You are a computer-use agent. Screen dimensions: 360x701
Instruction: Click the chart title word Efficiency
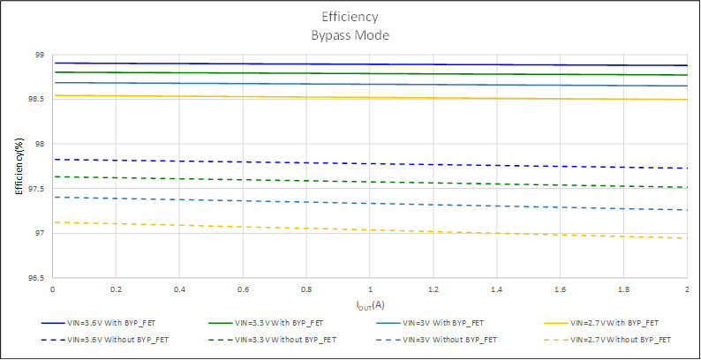(x=350, y=17)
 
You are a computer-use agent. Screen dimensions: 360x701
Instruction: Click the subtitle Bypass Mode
(x=350, y=35)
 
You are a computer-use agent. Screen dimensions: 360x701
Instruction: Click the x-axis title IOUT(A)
(x=370, y=304)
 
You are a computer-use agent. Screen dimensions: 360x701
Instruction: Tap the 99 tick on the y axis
(x=40, y=55)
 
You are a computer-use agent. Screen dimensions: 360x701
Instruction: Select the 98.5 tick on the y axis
(x=36, y=100)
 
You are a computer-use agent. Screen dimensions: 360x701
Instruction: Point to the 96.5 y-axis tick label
(x=36, y=278)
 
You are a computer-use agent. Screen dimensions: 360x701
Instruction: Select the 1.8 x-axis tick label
(x=623, y=289)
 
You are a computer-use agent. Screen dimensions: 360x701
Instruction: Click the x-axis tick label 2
(x=687, y=289)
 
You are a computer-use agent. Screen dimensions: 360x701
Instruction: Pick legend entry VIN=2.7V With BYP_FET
(x=614, y=324)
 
